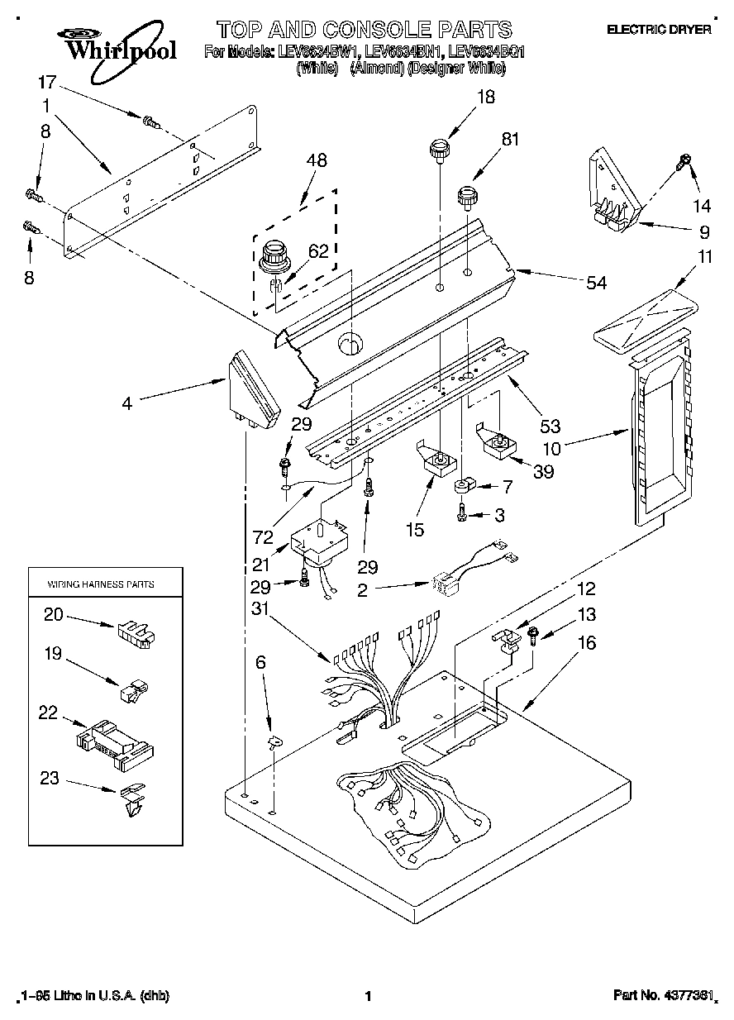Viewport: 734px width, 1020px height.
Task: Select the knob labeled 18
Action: coord(438,150)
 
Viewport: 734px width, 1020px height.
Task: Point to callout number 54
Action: coord(595,284)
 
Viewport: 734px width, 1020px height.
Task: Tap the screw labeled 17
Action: coord(150,122)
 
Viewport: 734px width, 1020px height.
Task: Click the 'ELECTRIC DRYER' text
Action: coord(659,30)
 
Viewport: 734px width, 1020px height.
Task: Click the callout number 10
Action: coord(551,450)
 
